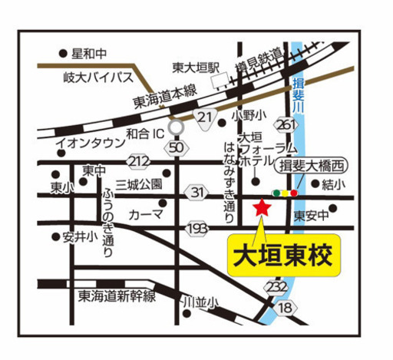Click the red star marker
click(x=262, y=206)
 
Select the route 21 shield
click(x=203, y=116)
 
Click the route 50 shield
click(x=177, y=147)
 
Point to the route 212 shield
click(x=139, y=161)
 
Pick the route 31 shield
click(x=198, y=192)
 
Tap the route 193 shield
click(x=196, y=228)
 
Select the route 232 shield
click(x=278, y=286)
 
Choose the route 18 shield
click(x=286, y=307)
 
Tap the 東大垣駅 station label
click(x=196, y=67)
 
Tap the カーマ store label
click(x=145, y=214)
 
